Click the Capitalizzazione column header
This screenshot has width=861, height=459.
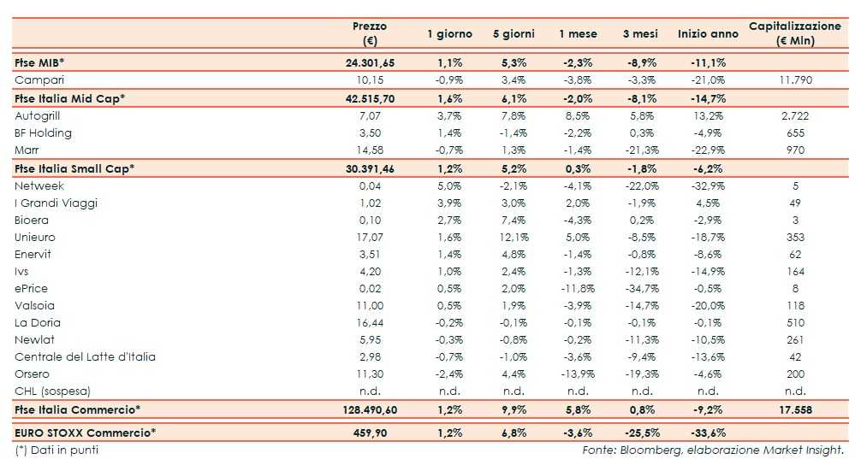point(794,33)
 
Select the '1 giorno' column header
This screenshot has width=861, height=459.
point(449,34)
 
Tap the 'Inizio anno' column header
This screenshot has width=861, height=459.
point(707,34)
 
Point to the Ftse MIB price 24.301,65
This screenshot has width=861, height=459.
point(371,62)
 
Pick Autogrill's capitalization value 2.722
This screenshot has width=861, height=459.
point(795,115)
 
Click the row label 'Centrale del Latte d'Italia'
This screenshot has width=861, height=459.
point(85,356)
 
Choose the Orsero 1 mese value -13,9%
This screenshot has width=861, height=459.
point(578,374)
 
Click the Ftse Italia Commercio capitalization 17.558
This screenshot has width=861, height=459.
point(795,409)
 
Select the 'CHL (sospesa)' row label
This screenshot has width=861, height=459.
point(52,391)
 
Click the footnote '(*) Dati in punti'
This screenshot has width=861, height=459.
point(56,450)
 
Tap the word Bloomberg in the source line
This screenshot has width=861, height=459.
point(639,450)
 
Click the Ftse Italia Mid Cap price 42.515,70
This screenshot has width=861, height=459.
point(371,98)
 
